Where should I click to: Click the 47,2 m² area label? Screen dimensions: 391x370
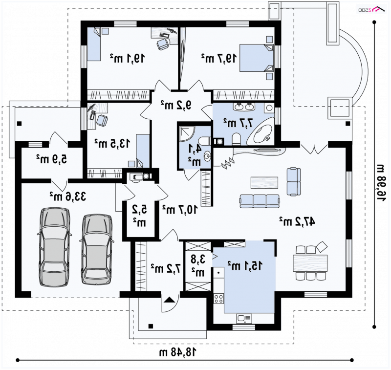[297, 221]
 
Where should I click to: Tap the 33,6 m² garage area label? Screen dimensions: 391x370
[68, 196]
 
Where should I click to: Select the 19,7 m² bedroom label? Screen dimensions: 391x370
[219, 58]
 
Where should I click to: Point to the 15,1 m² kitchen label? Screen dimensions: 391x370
[245, 266]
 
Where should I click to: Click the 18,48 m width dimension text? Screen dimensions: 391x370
[177, 352]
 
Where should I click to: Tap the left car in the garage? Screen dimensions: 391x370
[55, 247]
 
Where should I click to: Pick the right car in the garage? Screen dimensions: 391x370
[97, 249]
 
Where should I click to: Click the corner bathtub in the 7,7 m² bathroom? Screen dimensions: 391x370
[261, 131]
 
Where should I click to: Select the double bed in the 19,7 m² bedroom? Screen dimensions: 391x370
[256, 58]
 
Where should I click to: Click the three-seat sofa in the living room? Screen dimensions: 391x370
[260, 201]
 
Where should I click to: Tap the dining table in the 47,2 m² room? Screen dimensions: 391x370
[310, 263]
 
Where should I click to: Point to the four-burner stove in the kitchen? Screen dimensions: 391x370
[218, 299]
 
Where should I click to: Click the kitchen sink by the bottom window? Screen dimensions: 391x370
[244, 319]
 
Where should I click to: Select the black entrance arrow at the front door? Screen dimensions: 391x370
[169, 300]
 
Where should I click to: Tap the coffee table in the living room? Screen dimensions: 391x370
[264, 183]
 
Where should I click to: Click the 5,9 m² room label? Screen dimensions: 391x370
[52, 159]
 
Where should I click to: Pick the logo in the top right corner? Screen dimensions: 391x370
[371, 9]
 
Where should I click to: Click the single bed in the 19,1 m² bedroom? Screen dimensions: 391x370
[94, 44]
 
